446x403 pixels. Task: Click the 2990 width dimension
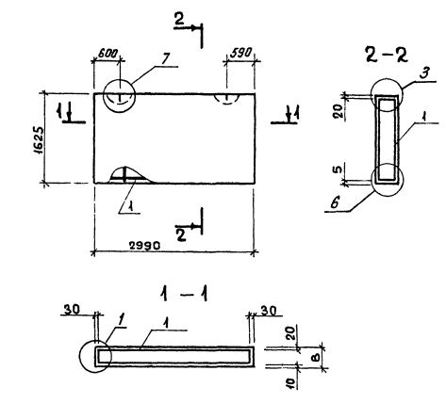tap(145, 245)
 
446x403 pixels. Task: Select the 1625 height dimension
tap(38, 140)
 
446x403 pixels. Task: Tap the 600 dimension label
tap(107, 53)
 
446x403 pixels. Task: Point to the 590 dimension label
tap(240, 53)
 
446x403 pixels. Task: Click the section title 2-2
tap(387, 56)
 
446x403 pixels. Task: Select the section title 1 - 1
tap(184, 295)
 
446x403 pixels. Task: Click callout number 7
tap(166, 59)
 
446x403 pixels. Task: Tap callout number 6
tap(335, 203)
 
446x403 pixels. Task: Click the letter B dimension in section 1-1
tap(317, 357)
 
